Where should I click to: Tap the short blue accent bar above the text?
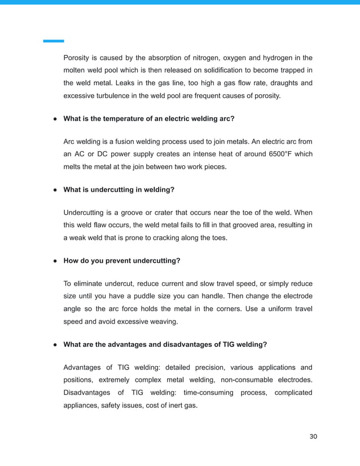(x=54, y=41)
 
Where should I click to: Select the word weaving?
(x=163, y=322)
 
